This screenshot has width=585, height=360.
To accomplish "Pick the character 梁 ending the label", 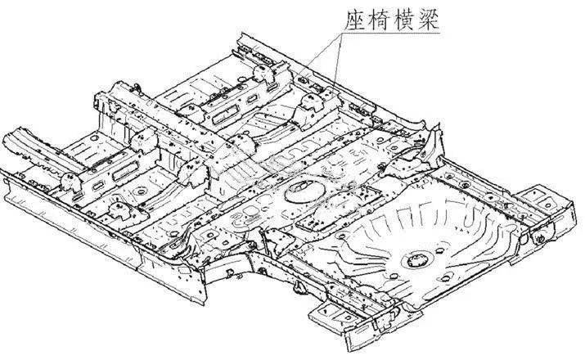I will (430, 17).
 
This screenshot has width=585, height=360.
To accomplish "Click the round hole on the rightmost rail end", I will (541, 236).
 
